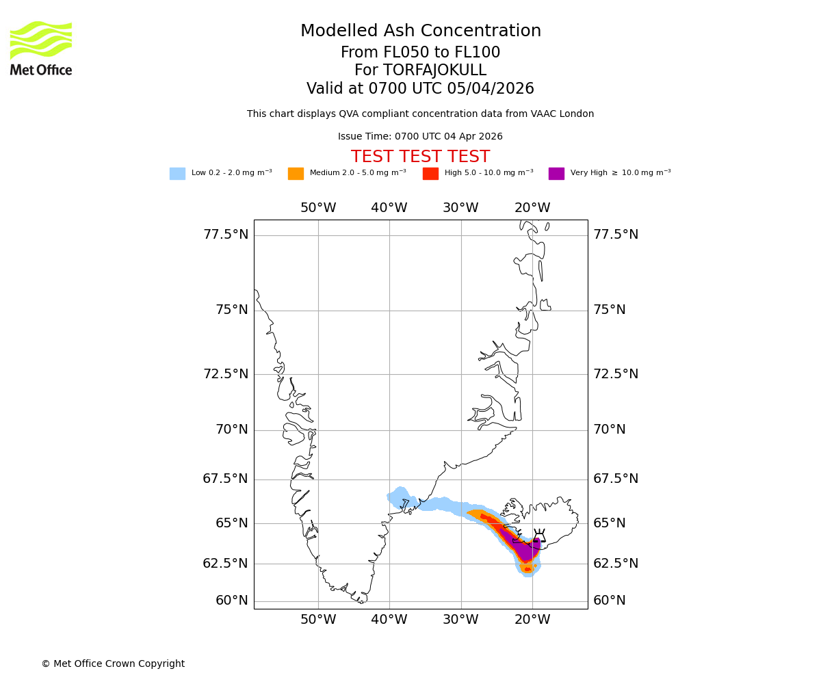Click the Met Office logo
click(41, 48)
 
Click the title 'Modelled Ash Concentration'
click(420, 31)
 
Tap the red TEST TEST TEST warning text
click(420, 157)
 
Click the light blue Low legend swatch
click(177, 174)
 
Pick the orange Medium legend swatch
click(296, 174)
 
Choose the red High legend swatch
click(430, 174)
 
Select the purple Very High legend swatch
click(556, 174)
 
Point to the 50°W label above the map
click(318, 208)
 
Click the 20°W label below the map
click(532, 620)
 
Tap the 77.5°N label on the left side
click(226, 235)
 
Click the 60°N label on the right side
click(610, 601)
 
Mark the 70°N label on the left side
click(232, 430)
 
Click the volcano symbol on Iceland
click(539, 536)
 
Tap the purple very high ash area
click(525, 550)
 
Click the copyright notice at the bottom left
click(113, 663)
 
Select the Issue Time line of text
click(420, 136)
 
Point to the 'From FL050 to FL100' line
click(420, 53)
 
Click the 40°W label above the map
click(389, 208)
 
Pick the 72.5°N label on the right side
click(616, 374)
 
